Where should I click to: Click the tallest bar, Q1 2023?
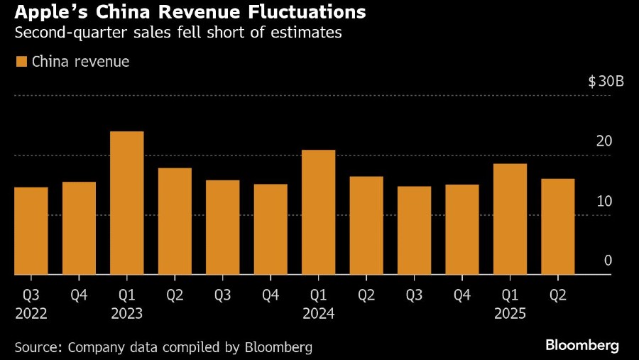pos(127,203)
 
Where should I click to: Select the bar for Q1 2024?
pos(319,212)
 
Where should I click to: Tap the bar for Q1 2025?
pos(510,219)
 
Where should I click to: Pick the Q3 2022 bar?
pos(31,231)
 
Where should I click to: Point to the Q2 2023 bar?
pos(175,222)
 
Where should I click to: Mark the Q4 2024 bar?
pos(462,229)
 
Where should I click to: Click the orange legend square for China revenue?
pos(21,62)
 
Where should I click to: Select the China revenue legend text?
pos(80,62)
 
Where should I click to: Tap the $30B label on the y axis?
pos(606,82)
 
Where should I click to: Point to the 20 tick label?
pos(604,141)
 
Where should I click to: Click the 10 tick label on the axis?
pos(604,201)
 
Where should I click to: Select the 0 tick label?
pos(608,261)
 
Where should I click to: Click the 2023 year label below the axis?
pos(127,313)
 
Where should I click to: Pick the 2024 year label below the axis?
pos(319,313)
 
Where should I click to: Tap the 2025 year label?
pos(510,313)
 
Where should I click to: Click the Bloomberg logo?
pos(582,346)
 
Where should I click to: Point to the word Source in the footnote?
pos(37,347)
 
